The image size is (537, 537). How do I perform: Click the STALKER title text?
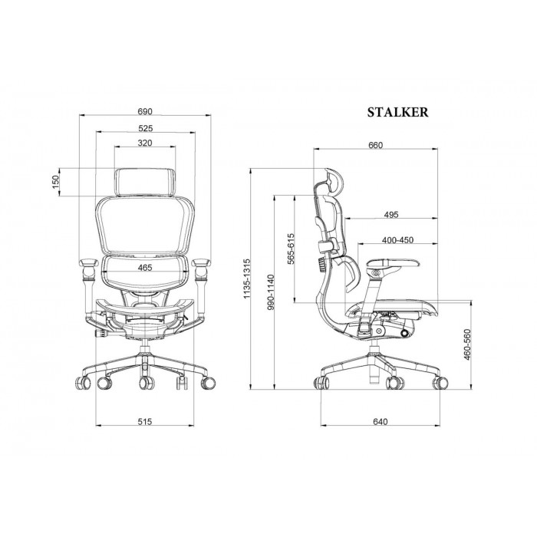click(397, 112)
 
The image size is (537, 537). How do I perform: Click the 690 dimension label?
click(145, 112)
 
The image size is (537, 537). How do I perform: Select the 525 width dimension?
click(146, 128)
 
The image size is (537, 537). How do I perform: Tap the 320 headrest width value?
click(145, 143)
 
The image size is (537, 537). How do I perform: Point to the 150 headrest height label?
click(55, 183)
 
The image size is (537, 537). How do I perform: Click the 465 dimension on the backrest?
click(145, 268)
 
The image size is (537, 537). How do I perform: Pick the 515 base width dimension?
click(145, 422)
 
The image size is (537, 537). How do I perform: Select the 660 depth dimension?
click(376, 145)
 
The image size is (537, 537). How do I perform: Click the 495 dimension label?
click(391, 215)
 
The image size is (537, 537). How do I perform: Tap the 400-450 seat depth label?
click(397, 240)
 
